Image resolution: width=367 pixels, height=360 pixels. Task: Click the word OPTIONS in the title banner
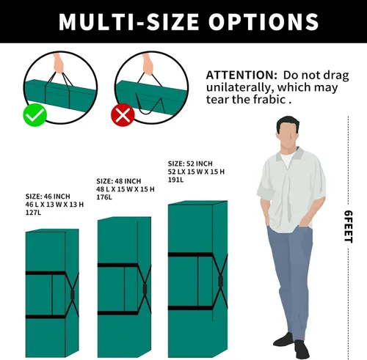(x=264, y=21)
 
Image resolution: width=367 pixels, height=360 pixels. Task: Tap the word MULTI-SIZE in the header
(x=128, y=21)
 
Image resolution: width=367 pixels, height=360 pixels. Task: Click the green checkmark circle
(x=35, y=115)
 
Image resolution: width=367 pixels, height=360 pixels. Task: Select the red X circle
(x=123, y=115)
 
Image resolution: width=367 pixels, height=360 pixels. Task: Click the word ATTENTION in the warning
(x=241, y=75)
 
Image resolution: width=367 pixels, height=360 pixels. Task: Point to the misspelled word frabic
(x=269, y=99)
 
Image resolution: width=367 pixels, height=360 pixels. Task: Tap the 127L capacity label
(x=33, y=213)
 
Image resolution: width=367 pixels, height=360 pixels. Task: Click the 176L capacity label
(x=104, y=197)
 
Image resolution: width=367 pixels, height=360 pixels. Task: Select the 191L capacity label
(x=175, y=180)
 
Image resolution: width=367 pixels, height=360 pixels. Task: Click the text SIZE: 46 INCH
(x=48, y=196)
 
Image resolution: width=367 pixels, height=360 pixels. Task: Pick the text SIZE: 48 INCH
(x=119, y=181)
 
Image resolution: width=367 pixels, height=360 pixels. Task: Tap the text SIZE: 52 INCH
(x=190, y=164)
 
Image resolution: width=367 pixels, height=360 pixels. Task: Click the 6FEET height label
(x=348, y=227)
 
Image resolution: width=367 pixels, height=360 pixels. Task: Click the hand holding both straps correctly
(x=58, y=63)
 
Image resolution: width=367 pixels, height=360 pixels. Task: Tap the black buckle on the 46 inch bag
(x=73, y=295)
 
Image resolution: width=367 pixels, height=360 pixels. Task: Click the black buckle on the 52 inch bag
(x=220, y=281)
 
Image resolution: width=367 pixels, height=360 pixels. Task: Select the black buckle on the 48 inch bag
(x=145, y=289)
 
